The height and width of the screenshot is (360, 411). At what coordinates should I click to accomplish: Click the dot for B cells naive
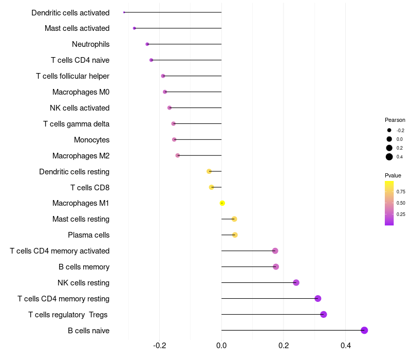click(364, 330)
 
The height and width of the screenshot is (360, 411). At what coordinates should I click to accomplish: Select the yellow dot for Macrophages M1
click(222, 203)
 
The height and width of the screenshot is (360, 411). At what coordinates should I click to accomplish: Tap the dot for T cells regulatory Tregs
click(323, 314)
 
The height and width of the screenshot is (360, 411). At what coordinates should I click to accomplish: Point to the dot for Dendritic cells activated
click(124, 12)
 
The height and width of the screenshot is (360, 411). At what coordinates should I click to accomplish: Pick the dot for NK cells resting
click(296, 282)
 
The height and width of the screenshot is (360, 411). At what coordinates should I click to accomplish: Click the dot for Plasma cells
click(235, 235)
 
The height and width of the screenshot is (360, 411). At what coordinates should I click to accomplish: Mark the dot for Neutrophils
click(147, 44)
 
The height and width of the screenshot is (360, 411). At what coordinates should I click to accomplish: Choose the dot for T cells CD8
click(211, 187)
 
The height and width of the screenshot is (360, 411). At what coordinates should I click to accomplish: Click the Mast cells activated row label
click(77, 28)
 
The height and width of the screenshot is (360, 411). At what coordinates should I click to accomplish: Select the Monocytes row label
click(91, 140)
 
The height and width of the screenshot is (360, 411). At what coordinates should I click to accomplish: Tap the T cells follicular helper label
click(72, 76)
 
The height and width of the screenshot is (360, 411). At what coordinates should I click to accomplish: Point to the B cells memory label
click(84, 267)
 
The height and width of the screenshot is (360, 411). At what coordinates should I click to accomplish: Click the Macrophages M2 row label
click(81, 156)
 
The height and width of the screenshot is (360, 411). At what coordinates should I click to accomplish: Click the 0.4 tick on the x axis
click(345, 346)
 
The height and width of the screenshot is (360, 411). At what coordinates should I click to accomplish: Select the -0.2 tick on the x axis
click(160, 346)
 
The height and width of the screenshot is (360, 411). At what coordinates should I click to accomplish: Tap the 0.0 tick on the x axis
click(221, 346)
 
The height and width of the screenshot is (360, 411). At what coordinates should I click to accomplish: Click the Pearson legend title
click(395, 120)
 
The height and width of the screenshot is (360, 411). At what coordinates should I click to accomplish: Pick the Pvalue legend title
click(393, 175)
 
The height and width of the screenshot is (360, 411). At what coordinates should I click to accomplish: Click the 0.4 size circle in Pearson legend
click(389, 157)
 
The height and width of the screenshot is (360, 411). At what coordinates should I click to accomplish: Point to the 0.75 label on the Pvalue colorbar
click(401, 191)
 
